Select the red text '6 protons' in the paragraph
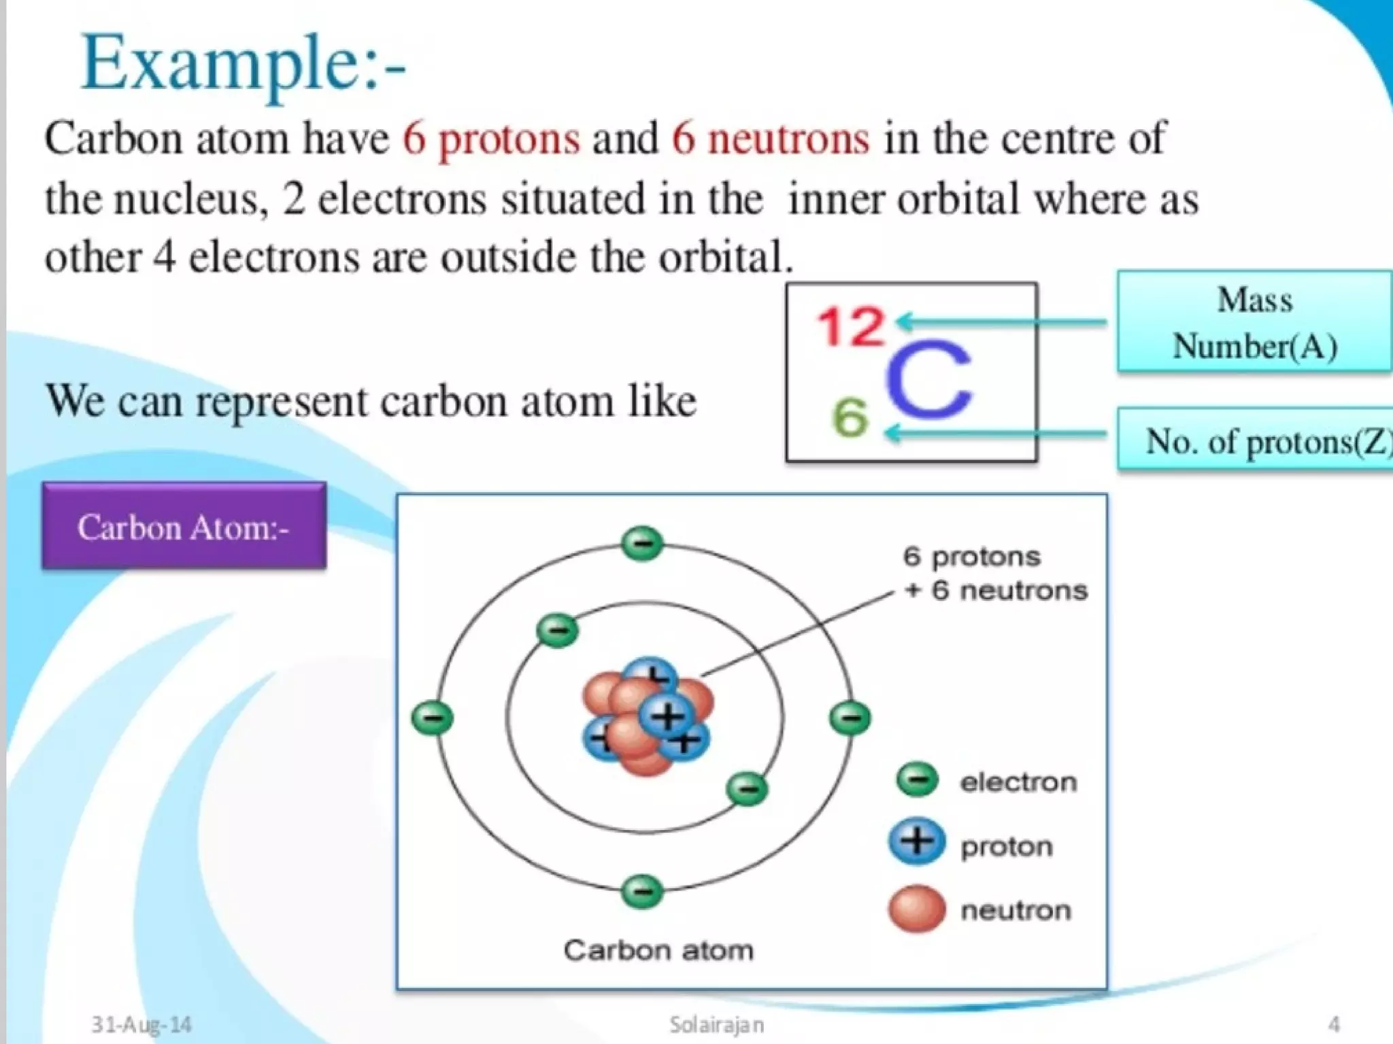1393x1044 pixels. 491,138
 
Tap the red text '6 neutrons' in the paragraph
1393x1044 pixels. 771,138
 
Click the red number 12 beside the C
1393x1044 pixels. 850,327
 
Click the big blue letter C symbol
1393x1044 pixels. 928,379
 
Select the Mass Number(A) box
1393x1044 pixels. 1254,321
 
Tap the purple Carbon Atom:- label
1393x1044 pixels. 184,527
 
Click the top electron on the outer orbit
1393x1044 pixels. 642,543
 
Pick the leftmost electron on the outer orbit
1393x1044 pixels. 433,718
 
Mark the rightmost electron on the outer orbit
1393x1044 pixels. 850,718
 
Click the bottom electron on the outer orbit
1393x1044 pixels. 642,891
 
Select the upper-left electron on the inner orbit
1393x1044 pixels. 558,630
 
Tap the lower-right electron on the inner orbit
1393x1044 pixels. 748,788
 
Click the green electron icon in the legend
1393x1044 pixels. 918,780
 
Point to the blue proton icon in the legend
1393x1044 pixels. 917,841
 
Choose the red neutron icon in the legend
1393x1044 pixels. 917,908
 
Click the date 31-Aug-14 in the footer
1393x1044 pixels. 141,1024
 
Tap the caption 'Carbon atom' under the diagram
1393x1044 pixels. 658,950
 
